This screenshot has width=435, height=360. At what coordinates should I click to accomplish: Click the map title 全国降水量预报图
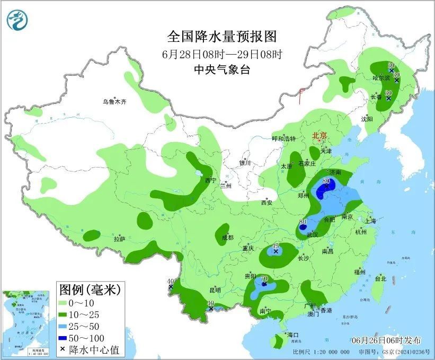coord(222,37)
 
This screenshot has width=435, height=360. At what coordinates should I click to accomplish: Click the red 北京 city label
coord(319,136)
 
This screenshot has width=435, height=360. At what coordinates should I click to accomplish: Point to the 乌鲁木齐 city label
coord(115,102)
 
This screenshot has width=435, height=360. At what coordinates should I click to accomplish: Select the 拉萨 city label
coord(119,239)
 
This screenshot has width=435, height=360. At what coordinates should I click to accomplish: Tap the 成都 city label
coord(227,238)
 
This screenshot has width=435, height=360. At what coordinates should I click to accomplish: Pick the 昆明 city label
coord(215,290)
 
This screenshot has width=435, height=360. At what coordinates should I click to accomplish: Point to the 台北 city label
coord(380,278)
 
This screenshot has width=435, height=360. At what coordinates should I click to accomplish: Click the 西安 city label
coord(267,203)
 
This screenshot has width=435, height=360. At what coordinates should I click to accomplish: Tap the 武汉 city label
coord(313,234)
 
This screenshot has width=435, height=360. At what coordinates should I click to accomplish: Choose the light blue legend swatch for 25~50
coord(66,326)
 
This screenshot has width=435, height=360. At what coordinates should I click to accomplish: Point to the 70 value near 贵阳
coord(264,278)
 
